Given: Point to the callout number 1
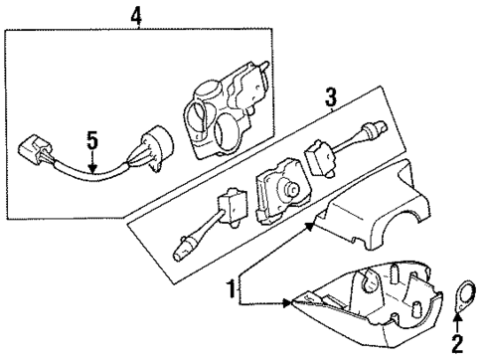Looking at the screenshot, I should tap(232, 289).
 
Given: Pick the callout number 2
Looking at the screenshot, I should tap(457, 346).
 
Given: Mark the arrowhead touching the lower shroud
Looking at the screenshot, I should tap(289, 301).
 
